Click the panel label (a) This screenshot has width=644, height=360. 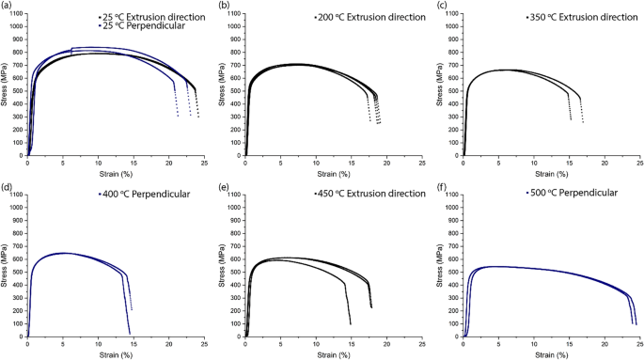(x=8, y=6)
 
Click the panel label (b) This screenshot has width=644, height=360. (x=225, y=6)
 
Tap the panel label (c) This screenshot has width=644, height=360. (x=442, y=6)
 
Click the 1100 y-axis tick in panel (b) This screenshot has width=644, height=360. (x=234, y=13)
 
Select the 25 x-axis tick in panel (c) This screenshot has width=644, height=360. (x=638, y=164)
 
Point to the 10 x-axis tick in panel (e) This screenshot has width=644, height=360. (x=317, y=344)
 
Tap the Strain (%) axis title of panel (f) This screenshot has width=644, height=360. (x=551, y=355)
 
